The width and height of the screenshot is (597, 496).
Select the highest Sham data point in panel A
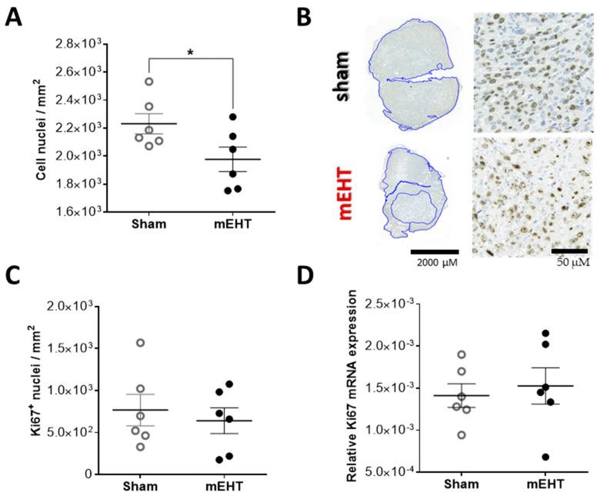coord(148,82)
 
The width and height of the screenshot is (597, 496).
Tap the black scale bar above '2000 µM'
coord(433,251)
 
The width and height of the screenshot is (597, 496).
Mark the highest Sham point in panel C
coord(140,343)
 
